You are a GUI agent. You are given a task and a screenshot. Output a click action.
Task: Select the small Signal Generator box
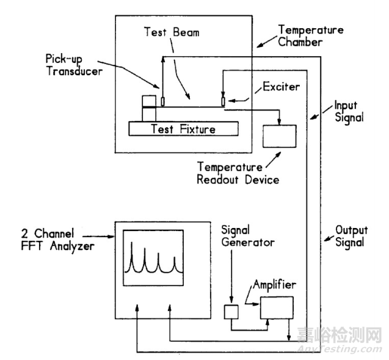tap(231, 311)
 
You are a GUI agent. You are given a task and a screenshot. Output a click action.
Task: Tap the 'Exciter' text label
tap(282, 87)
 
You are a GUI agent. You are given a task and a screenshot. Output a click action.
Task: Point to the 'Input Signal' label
tap(348, 112)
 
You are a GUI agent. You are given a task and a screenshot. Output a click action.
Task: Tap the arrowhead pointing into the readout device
tap(279, 121)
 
